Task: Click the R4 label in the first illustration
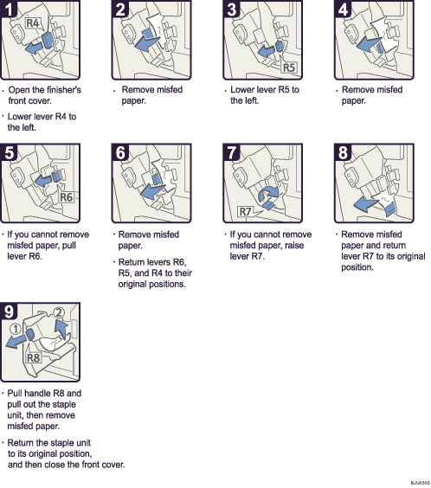[32, 24]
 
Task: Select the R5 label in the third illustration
[289, 67]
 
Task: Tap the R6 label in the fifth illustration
[68, 197]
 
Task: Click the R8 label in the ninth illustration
[34, 356]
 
